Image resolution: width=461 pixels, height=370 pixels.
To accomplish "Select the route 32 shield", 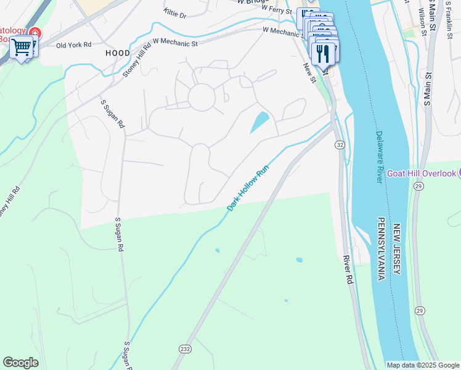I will pyautogui.click(x=340, y=144).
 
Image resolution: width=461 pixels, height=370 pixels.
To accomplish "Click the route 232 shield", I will pyautogui.click(x=185, y=348).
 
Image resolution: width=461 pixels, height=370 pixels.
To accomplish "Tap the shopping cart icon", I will pyautogui.click(x=22, y=46).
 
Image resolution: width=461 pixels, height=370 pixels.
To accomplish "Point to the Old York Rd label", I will pyautogui.click(x=73, y=45).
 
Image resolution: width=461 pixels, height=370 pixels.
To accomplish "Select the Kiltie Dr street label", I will pyautogui.click(x=175, y=13).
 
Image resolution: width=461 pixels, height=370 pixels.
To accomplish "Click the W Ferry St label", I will pyautogui.click(x=277, y=9).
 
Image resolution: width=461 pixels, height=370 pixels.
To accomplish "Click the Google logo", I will pyautogui.click(x=20, y=363).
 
